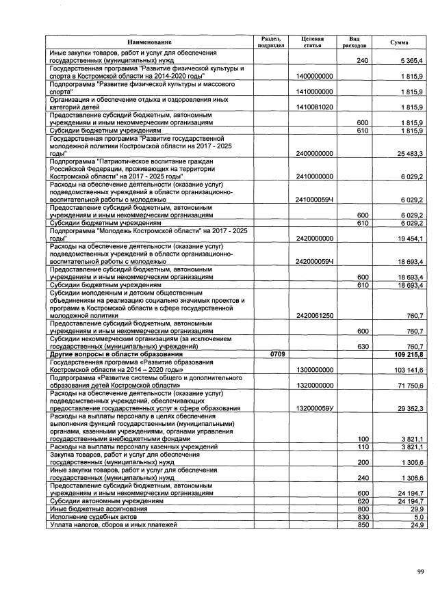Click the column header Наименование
tap(149, 42)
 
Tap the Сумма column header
tap(400, 42)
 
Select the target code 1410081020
tap(315, 107)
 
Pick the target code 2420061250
tap(315, 316)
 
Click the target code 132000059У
tap(315, 408)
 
